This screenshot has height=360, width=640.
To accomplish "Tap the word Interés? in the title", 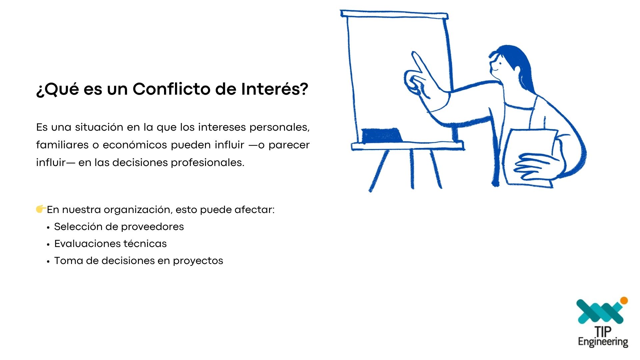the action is [275, 89].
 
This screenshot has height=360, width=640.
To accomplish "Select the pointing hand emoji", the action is [41, 209].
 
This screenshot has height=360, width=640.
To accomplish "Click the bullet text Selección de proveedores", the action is [119, 227].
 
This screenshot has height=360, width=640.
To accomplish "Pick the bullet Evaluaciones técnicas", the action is [110, 244].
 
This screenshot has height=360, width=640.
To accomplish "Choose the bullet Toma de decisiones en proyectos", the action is [139, 261].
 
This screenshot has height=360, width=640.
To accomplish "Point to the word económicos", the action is [135, 145].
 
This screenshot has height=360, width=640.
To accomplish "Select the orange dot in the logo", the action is [624, 301].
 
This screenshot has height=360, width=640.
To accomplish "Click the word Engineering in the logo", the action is [603, 342].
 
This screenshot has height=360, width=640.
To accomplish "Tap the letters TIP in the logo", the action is [603, 332].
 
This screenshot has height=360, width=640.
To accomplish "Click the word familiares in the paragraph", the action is [62, 145].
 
